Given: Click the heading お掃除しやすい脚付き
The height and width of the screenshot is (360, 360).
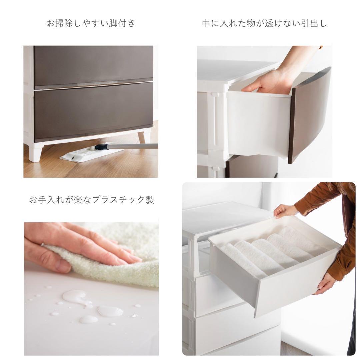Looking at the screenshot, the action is tap(91, 23).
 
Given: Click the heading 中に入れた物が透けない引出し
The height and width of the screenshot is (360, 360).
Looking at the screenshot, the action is tap(264, 23).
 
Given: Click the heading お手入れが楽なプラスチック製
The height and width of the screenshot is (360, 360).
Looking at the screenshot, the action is tap(91, 200).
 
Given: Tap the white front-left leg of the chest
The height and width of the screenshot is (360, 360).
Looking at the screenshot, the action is tap(35, 153).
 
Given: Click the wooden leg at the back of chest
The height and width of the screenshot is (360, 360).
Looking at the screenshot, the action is tap(142, 137).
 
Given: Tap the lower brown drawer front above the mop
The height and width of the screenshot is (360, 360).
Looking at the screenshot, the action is tap(93, 113).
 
